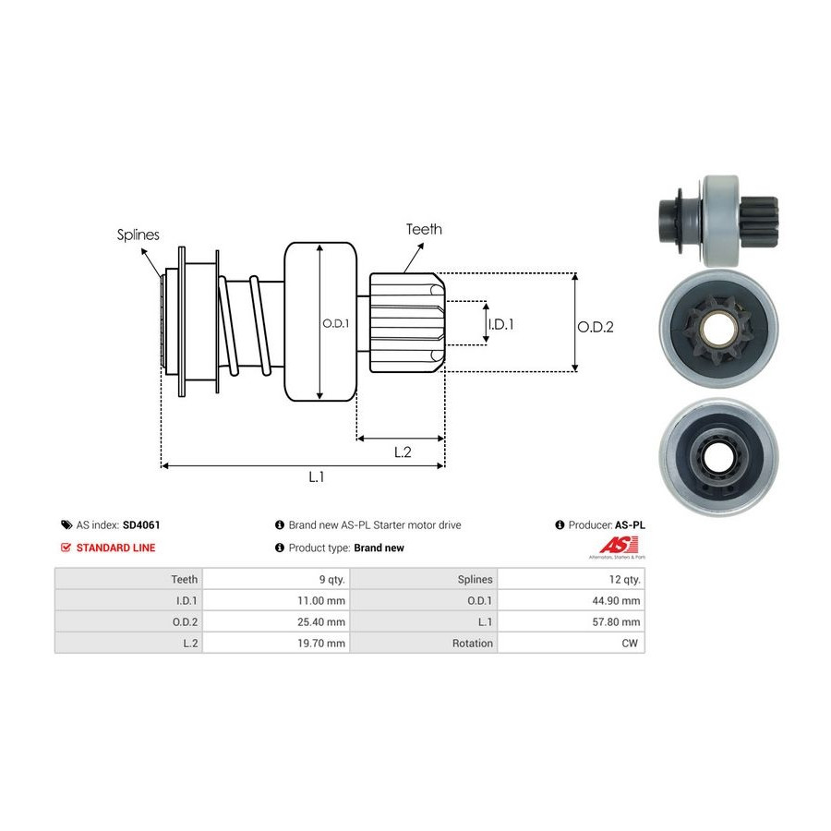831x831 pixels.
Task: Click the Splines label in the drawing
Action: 138,235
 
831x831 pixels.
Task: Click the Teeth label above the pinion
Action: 424,229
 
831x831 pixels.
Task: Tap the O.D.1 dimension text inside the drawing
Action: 334,323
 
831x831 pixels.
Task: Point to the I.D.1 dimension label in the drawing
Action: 500,324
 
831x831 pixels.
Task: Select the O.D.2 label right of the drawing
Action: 596,326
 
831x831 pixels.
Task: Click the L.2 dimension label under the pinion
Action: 403,452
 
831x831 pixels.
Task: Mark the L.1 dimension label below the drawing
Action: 317,476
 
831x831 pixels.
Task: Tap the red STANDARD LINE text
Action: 115,548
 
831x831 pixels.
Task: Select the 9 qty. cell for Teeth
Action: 330,579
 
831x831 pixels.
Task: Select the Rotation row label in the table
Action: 472,643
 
